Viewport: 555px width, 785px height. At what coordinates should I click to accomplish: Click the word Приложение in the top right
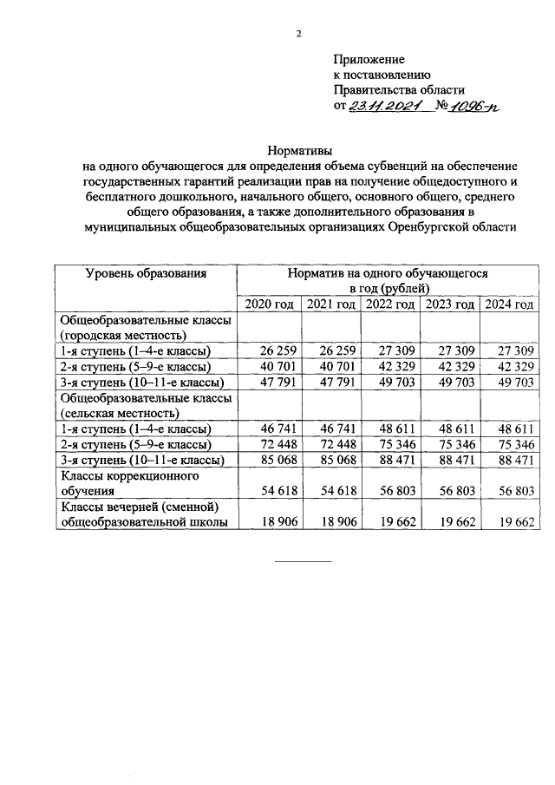[x=369, y=59]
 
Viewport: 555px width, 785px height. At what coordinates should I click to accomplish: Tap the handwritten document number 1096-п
[x=474, y=106]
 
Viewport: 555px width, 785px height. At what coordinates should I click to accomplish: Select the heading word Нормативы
[x=299, y=149]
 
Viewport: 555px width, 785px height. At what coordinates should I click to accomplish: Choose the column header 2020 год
[x=270, y=304]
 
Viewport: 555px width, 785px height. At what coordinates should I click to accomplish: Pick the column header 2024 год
[x=508, y=304]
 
